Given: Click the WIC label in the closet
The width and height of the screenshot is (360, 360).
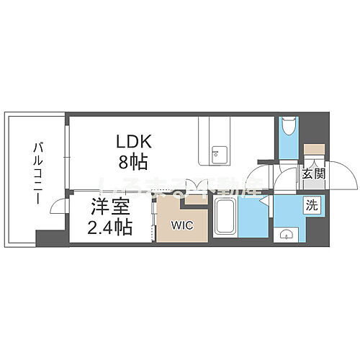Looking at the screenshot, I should tap(181, 225).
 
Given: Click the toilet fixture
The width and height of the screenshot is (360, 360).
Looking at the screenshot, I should tap(288, 130).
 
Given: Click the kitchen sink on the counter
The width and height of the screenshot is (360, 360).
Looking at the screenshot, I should tap(217, 152).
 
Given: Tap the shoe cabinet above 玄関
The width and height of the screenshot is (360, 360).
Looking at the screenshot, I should tap(314, 153).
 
